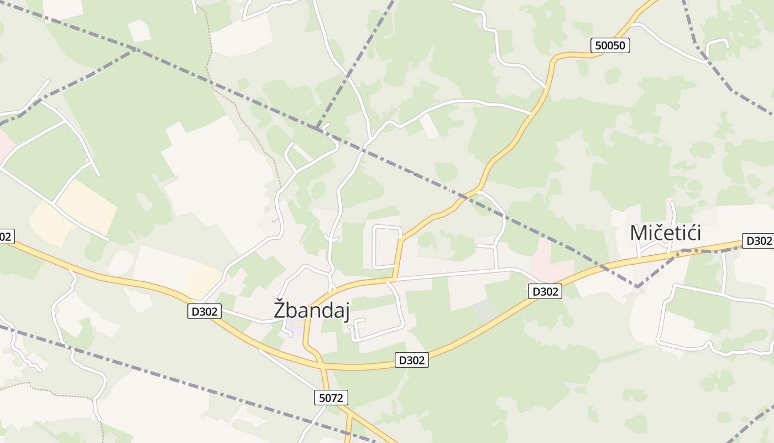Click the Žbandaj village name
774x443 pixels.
pos(312,310)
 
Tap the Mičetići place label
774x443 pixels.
pos(666,233)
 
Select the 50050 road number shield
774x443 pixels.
pos(610,45)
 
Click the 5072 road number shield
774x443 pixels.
pos(332,397)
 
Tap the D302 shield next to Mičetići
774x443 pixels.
pos(758,241)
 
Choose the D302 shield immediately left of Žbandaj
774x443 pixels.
pos(205,312)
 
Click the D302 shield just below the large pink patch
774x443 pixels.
pos(545,291)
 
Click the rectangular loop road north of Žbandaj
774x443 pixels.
pos(388,247)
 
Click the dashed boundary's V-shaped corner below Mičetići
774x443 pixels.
pos(637,287)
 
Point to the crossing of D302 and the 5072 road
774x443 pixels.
pos(322,365)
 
